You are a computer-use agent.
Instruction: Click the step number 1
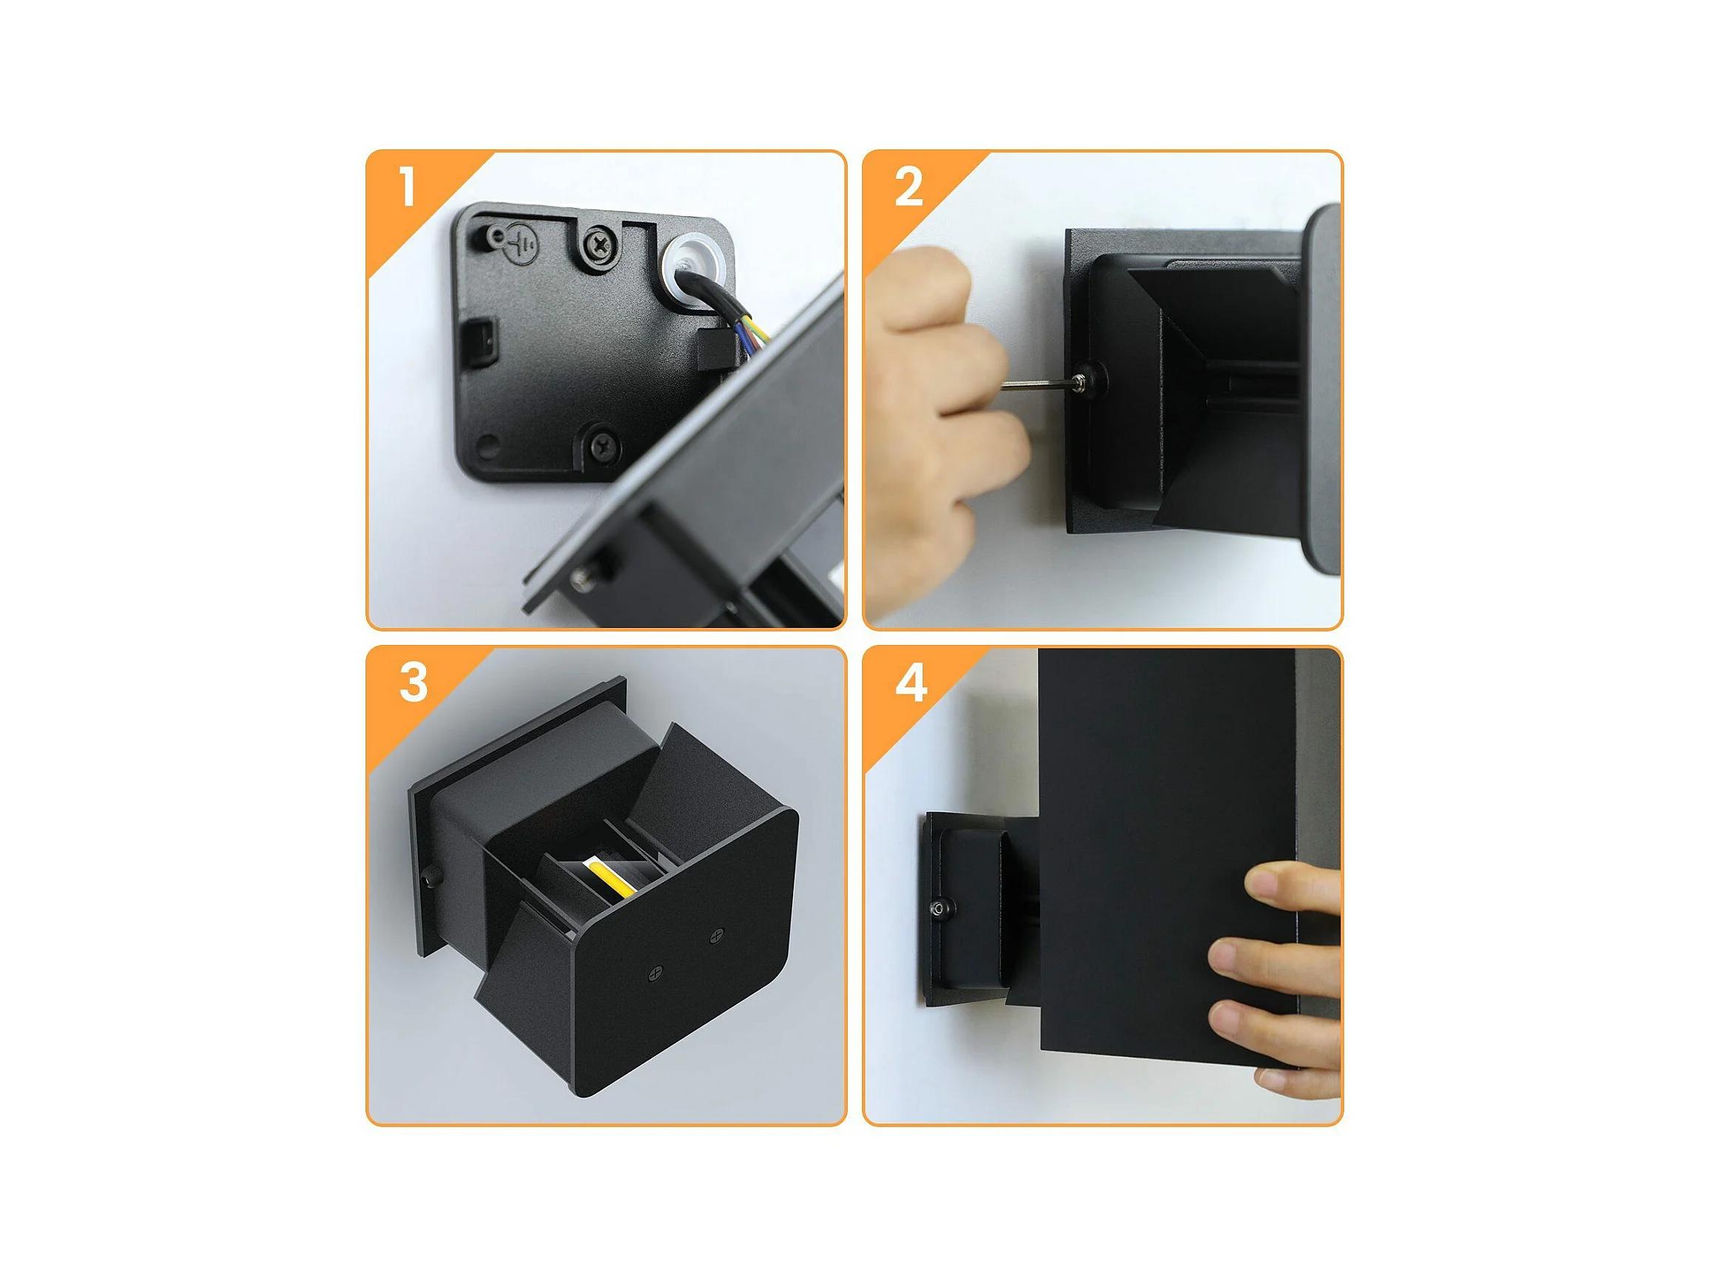(x=408, y=187)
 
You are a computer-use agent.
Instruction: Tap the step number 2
(x=909, y=187)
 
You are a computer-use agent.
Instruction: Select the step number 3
(x=414, y=682)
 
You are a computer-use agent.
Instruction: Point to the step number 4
(x=910, y=682)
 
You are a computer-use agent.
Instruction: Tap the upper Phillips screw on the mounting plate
(x=599, y=246)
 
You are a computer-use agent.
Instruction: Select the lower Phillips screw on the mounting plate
(x=603, y=444)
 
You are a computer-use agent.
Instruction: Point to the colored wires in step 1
(x=754, y=332)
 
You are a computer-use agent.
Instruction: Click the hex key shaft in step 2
(x=1036, y=383)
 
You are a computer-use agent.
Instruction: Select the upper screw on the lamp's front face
(x=717, y=935)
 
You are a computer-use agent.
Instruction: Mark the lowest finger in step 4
(x=1298, y=1073)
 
